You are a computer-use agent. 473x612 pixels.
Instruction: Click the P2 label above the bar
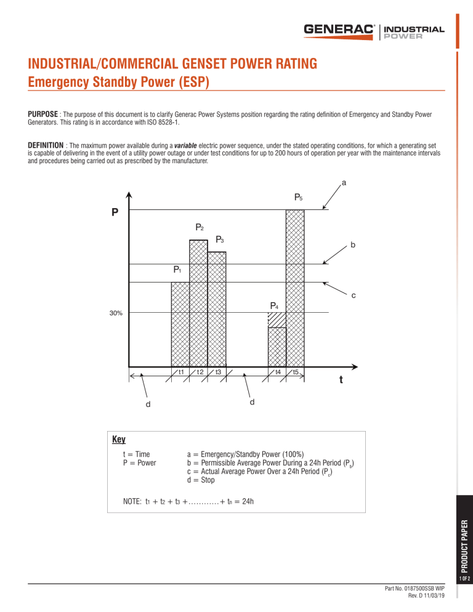pyautogui.click(x=200, y=227)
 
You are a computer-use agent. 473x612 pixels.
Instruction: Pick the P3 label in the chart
pyautogui.click(x=220, y=240)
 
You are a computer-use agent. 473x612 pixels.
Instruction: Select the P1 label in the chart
pyautogui.click(x=177, y=270)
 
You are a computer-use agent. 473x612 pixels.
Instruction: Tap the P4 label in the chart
pyautogui.click(x=274, y=306)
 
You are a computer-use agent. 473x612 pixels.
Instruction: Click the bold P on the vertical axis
pyautogui.click(x=115, y=214)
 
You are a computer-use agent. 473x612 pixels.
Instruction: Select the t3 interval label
pyautogui.click(x=218, y=372)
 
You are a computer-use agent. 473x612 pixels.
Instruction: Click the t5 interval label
pyautogui.click(x=296, y=372)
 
